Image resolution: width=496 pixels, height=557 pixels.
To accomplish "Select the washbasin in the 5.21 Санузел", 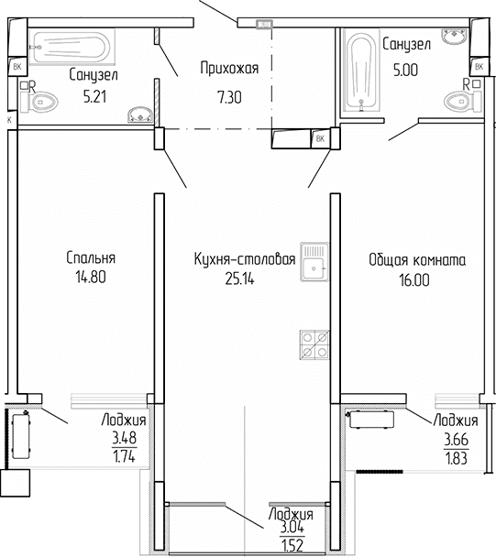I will pos(138,115).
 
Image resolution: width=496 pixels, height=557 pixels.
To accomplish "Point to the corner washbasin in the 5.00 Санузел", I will pos(454,38).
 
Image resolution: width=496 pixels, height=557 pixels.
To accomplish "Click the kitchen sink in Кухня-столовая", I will pos(314,259).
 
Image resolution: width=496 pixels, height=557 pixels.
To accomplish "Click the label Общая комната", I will pos(417,259).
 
